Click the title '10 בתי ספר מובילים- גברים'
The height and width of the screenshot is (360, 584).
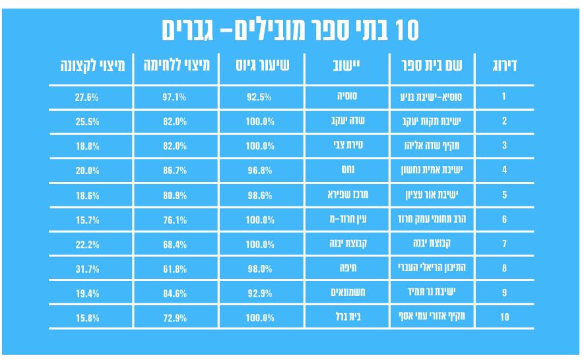(292, 30)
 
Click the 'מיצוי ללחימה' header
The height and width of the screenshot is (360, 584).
(174, 66)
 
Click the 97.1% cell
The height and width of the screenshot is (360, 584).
(174, 97)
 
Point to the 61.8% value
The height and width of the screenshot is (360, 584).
(174, 268)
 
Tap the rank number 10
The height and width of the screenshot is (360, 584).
(504, 317)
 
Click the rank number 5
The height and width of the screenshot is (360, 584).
(504, 195)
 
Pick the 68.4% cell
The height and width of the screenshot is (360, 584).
(174, 244)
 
